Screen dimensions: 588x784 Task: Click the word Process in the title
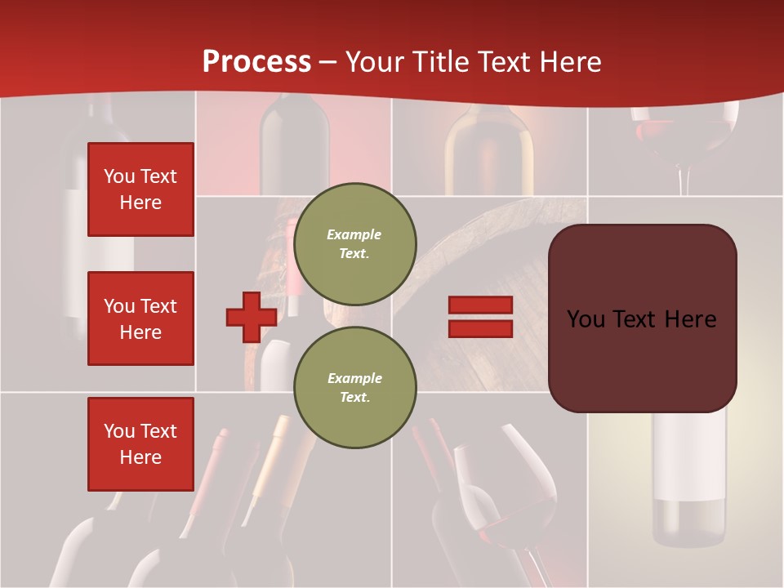tap(256, 62)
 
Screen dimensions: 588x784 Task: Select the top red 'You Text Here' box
tap(140, 189)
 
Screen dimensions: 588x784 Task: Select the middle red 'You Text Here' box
tap(140, 318)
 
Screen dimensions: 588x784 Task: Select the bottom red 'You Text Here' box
tap(140, 444)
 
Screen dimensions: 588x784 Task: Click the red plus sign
tap(252, 317)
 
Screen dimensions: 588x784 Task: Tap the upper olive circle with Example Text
tap(354, 243)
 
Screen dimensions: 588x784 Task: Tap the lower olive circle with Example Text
tap(354, 387)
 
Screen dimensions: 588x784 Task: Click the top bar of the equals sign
tap(480, 305)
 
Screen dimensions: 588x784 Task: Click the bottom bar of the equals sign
tap(480, 328)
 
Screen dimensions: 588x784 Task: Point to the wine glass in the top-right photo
tap(684, 139)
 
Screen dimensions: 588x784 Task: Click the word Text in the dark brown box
tap(643, 318)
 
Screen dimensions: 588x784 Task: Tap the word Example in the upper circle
tap(354, 234)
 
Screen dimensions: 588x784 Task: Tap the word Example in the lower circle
tap(354, 378)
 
